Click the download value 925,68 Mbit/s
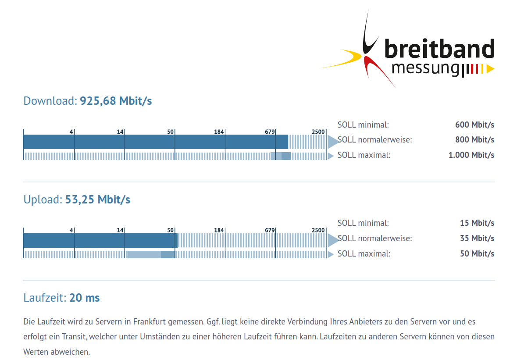point(116,101)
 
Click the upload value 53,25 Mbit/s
point(97,200)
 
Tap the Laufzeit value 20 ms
point(84,298)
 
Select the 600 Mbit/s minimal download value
point(474,125)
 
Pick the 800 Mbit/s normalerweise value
point(474,140)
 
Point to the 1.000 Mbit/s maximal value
point(471,155)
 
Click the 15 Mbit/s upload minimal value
point(477,223)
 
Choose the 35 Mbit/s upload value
point(477,238)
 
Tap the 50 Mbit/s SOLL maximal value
point(477,253)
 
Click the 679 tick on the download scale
point(270,132)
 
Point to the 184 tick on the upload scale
point(219,230)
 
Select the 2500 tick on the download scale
point(318,132)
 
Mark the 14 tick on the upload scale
point(120,230)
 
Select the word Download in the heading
point(50,101)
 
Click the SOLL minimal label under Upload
point(363,223)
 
